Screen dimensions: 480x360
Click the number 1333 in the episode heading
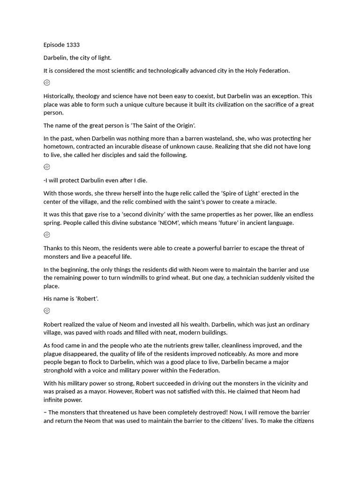tap(72, 45)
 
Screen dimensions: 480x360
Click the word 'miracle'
tap(264, 202)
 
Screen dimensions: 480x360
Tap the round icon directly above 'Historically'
tap(47, 83)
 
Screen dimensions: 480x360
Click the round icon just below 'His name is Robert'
tap(47, 311)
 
